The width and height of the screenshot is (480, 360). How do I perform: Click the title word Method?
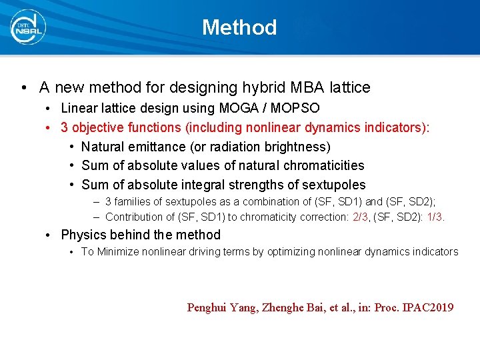pyautogui.click(x=239, y=27)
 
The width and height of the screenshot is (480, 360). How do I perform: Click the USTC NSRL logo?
pyautogui.click(x=28, y=27)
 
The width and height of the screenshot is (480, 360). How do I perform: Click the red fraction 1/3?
pyautogui.click(x=435, y=217)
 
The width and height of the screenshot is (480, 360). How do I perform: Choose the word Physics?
pyautogui.click(x=83, y=235)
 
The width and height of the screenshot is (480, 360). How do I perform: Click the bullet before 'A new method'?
pyautogui.click(x=23, y=88)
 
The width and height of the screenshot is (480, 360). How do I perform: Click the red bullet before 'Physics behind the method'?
pyautogui.click(x=49, y=235)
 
